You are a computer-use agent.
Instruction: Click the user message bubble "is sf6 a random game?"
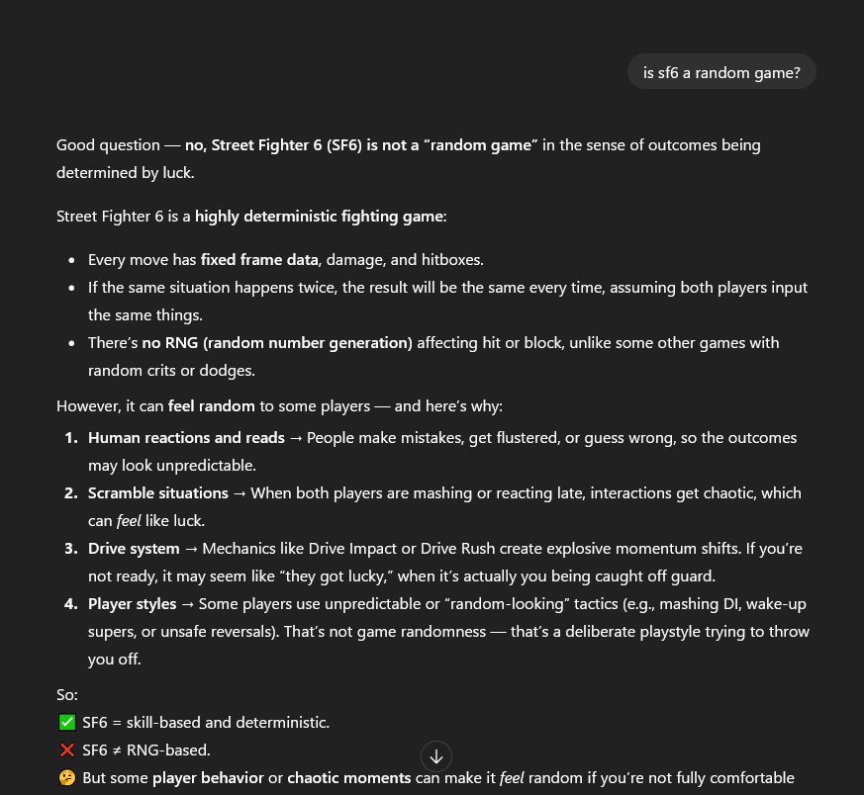coord(721,72)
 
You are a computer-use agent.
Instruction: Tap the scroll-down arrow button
coord(436,756)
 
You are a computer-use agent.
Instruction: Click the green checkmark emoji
coord(67,723)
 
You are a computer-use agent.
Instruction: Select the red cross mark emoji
coord(67,751)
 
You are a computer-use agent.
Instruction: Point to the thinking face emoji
coord(67,778)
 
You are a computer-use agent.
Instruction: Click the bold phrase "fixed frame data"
coord(259,260)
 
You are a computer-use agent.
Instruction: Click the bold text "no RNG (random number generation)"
coord(277,343)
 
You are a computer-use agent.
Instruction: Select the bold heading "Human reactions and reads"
coord(186,438)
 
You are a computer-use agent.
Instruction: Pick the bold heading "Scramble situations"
coord(158,493)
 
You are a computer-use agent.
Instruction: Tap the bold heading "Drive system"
coord(134,549)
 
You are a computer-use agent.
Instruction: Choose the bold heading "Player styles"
coord(132,604)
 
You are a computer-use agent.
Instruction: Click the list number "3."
coord(70,549)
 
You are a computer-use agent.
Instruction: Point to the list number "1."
coord(70,438)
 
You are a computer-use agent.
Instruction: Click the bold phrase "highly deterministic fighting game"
coord(319,217)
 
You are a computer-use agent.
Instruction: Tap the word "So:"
coord(67,695)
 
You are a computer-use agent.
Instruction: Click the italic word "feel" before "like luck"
coord(129,521)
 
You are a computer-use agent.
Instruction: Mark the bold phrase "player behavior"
coord(208,778)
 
